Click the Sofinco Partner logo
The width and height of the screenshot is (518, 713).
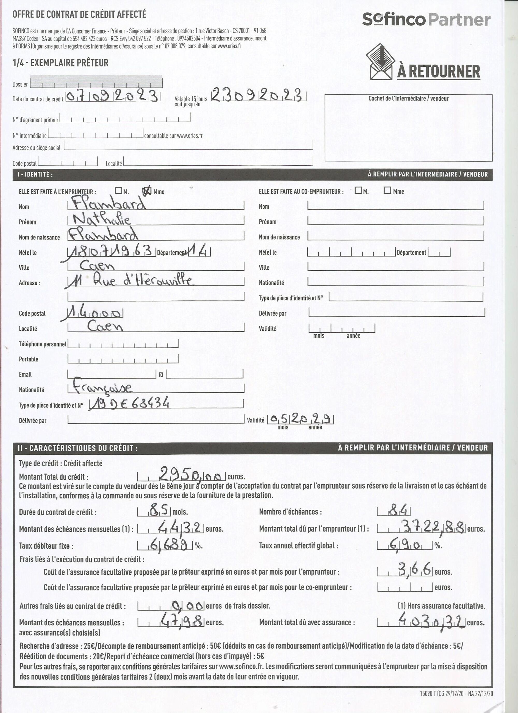[426, 19]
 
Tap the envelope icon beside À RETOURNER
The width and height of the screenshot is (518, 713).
[381, 62]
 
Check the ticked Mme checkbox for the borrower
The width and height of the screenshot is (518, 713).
[147, 191]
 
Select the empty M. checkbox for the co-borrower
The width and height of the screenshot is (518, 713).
[358, 190]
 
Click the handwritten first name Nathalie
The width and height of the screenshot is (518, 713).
[102, 219]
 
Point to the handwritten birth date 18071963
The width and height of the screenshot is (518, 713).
[111, 251]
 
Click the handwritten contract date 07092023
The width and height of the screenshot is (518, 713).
[112, 96]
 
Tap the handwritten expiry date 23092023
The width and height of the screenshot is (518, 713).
[258, 95]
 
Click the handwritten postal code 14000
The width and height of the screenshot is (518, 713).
[95, 313]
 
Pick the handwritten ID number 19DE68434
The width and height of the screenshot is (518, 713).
[129, 403]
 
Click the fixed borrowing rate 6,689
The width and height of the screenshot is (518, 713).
[171, 545]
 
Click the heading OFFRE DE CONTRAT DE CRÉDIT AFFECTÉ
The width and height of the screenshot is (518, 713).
[79, 14]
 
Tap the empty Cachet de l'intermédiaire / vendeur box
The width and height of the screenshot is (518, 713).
[408, 130]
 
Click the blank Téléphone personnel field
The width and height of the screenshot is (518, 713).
[123, 344]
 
